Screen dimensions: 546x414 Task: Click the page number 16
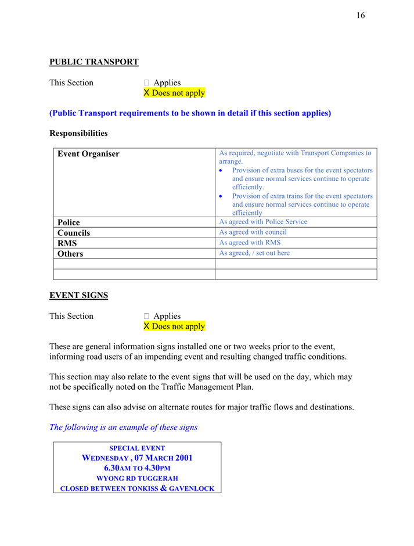[361, 16]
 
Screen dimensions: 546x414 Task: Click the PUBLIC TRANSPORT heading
[93, 62]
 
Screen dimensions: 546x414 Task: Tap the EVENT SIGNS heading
[78, 295]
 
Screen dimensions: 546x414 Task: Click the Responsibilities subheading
[78, 133]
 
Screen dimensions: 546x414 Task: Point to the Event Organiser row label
[88, 154]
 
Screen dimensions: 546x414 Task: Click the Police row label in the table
[69, 222]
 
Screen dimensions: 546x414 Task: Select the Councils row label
[74, 233]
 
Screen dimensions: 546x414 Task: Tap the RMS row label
[67, 243]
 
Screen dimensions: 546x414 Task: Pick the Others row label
[70, 254]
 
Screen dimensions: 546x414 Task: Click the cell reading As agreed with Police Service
[263, 222]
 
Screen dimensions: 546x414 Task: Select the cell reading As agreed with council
[253, 232]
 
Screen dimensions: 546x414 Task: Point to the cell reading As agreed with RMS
[250, 243]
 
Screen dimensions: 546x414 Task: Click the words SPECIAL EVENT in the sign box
[137, 448]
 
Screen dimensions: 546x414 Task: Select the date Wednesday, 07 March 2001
[137, 458]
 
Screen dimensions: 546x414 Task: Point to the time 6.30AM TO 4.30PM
[137, 468]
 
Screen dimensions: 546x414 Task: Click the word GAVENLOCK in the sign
[194, 489]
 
